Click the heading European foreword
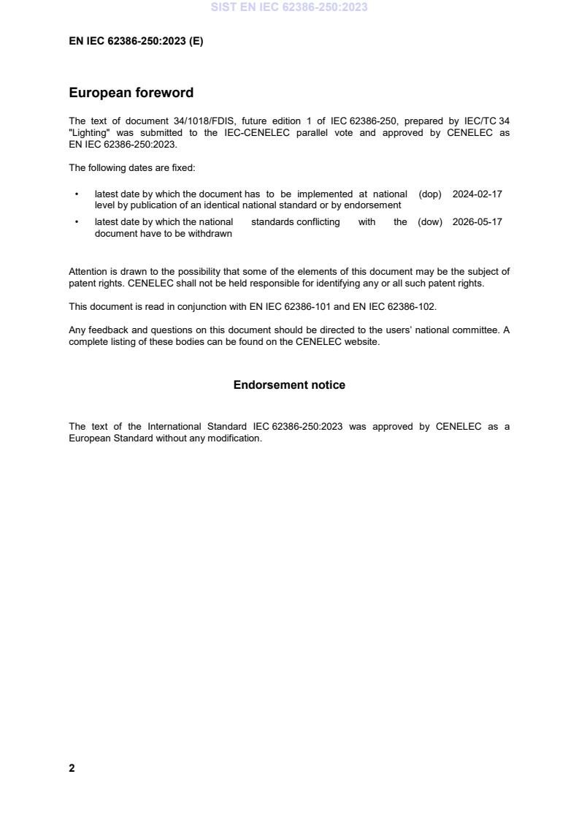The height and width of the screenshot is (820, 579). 131,93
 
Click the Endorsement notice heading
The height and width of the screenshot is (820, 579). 289,384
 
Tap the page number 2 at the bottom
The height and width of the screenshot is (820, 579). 72,768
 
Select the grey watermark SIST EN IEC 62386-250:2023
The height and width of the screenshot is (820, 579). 289,7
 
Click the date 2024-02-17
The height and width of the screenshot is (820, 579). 478,194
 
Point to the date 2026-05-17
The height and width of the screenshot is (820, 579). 478,222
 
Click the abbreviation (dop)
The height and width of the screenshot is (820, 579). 431,194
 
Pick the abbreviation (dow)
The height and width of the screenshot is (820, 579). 431,222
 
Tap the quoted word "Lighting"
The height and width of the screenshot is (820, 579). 89,133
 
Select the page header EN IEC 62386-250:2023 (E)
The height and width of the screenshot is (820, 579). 136,42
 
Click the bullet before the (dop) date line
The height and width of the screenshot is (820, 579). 77,194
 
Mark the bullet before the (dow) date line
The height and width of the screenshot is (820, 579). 77,222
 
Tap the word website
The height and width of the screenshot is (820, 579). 362,341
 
